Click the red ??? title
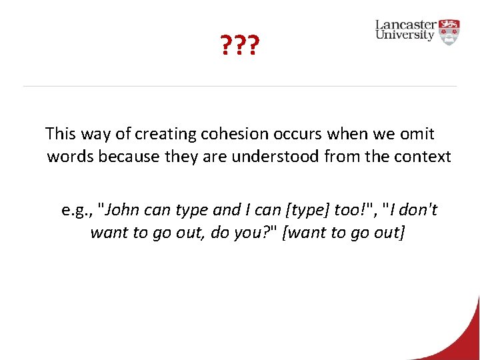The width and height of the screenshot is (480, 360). pos(239,46)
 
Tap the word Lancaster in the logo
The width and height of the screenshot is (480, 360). pos(407,25)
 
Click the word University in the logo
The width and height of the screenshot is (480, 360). pos(405,35)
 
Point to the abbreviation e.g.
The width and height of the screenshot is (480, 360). pos(77,211)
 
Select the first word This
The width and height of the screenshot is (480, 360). pos(61,134)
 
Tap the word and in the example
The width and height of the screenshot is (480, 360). pos(226,211)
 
